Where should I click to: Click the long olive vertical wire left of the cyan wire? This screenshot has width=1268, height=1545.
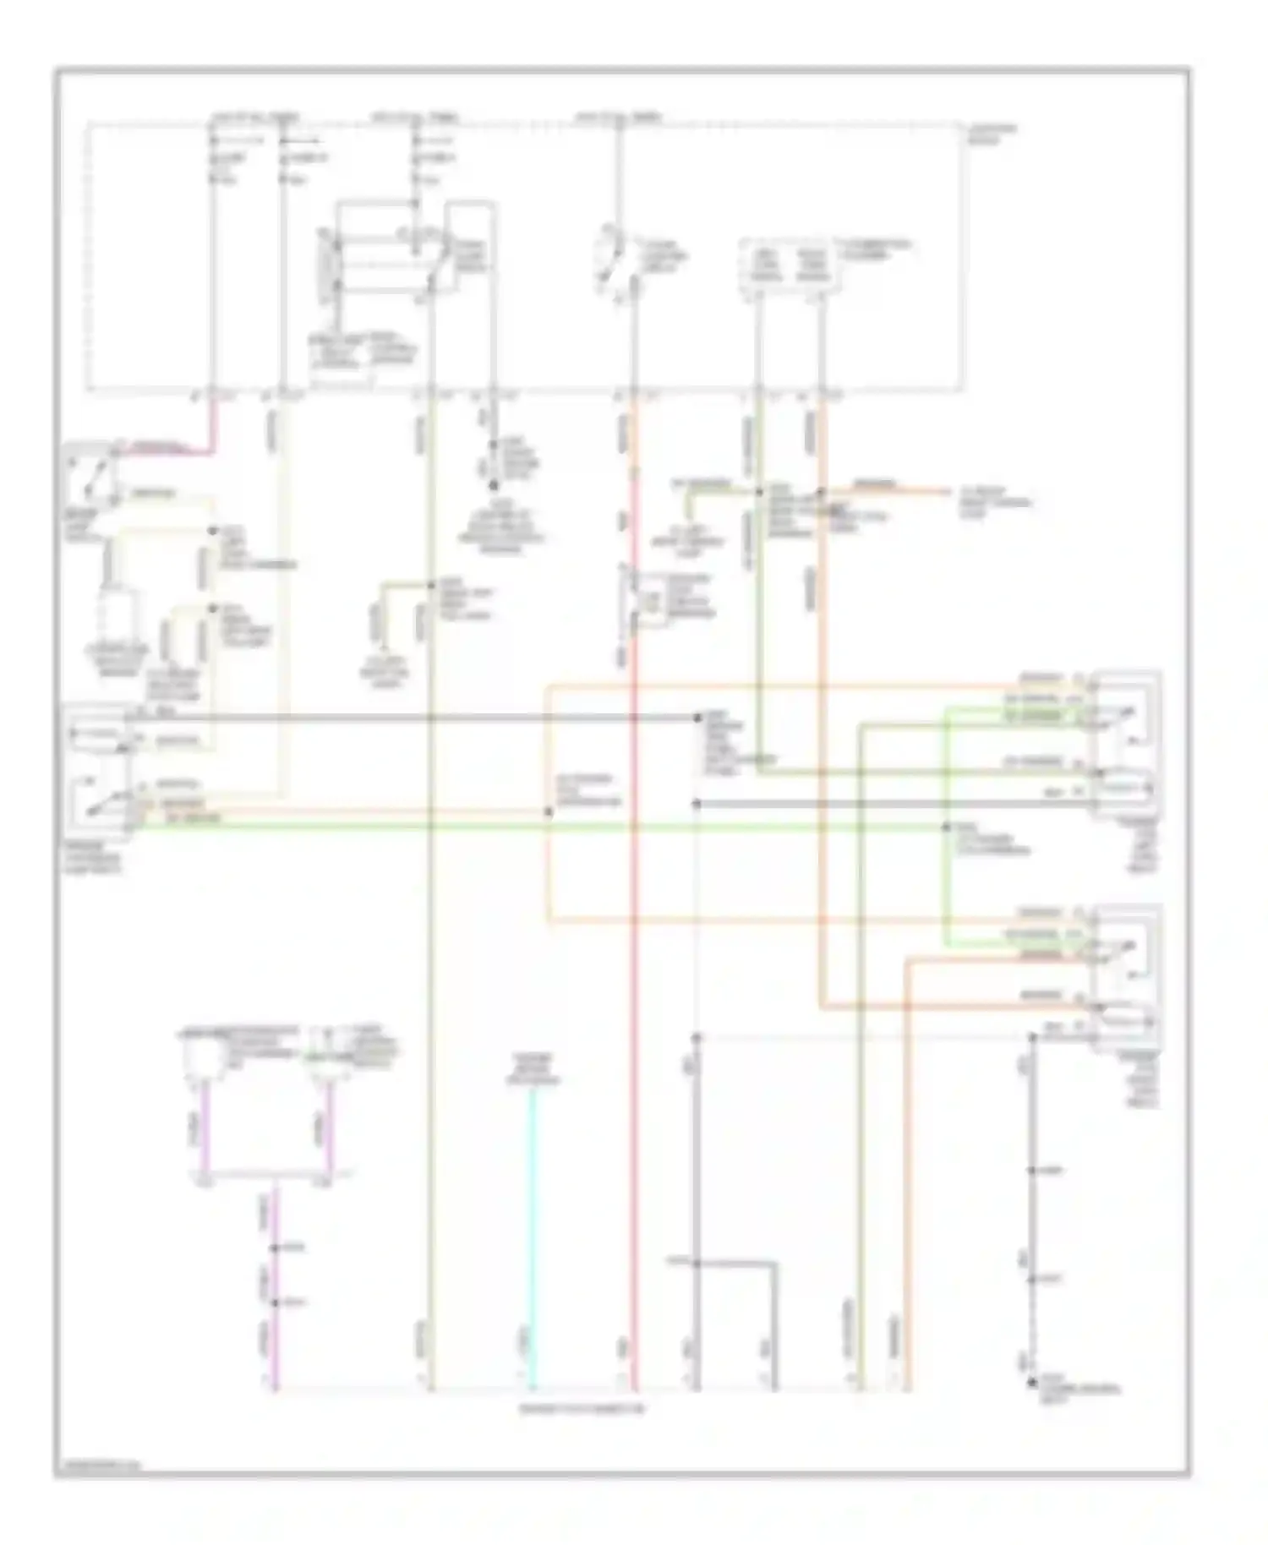click(x=430, y=1014)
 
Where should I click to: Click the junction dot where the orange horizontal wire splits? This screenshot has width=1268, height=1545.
click(x=549, y=812)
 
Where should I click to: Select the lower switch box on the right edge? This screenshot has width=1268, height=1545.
click(x=1127, y=976)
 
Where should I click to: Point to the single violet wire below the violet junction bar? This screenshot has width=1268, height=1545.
click(x=275, y=1285)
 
